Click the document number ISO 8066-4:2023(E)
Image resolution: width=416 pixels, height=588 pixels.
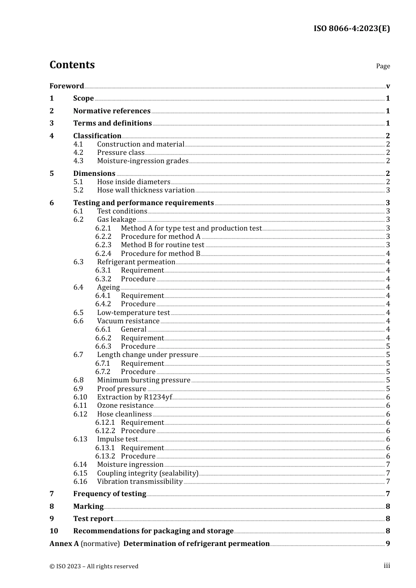pyautogui.click(x=351, y=28)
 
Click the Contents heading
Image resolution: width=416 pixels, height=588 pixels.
pyautogui.click(x=72, y=65)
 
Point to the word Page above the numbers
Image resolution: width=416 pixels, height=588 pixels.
pyautogui.click(x=383, y=66)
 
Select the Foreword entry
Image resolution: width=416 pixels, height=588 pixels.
pyautogui.click(x=67, y=86)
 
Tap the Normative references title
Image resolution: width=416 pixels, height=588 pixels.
pyautogui.click(x=112, y=111)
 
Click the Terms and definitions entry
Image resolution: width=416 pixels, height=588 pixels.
pyautogui.click(x=112, y=123)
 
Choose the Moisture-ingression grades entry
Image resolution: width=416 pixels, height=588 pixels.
pyautogui.click(x=142, y=161)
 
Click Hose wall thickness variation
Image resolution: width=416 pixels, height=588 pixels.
pyautogui.click(x=145, y=190)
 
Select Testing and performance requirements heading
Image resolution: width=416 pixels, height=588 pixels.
pyautogui.click(x=143, y=203)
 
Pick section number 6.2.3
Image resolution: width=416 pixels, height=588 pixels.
pyautogui.click(x=103, y=245)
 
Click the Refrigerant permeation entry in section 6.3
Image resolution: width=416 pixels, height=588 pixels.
pyautogui.click(x=136, y=262)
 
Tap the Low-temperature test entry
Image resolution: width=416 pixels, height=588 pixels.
pyautogui.click(x=133, y=312)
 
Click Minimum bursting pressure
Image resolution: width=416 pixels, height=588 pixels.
pyautogui.click(x=144, y=380)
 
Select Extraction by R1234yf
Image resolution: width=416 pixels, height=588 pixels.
pyautogui.click(x=134, y=397)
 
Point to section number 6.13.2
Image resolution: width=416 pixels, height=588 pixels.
pyautogui.click(x=105, y=456)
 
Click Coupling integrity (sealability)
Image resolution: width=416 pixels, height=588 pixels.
pyautogui.click(x=148, y=473)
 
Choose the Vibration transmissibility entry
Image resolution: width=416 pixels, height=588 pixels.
pyautogui.click(x=140, y=481)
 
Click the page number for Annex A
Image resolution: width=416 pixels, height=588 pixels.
pyautogui.click(x=388, y=543)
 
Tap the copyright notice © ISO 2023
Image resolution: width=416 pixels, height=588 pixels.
pyautogui.click(x=94, y=566)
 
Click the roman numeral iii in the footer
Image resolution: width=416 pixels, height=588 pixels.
pyautogui.click(x=387, y=566)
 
